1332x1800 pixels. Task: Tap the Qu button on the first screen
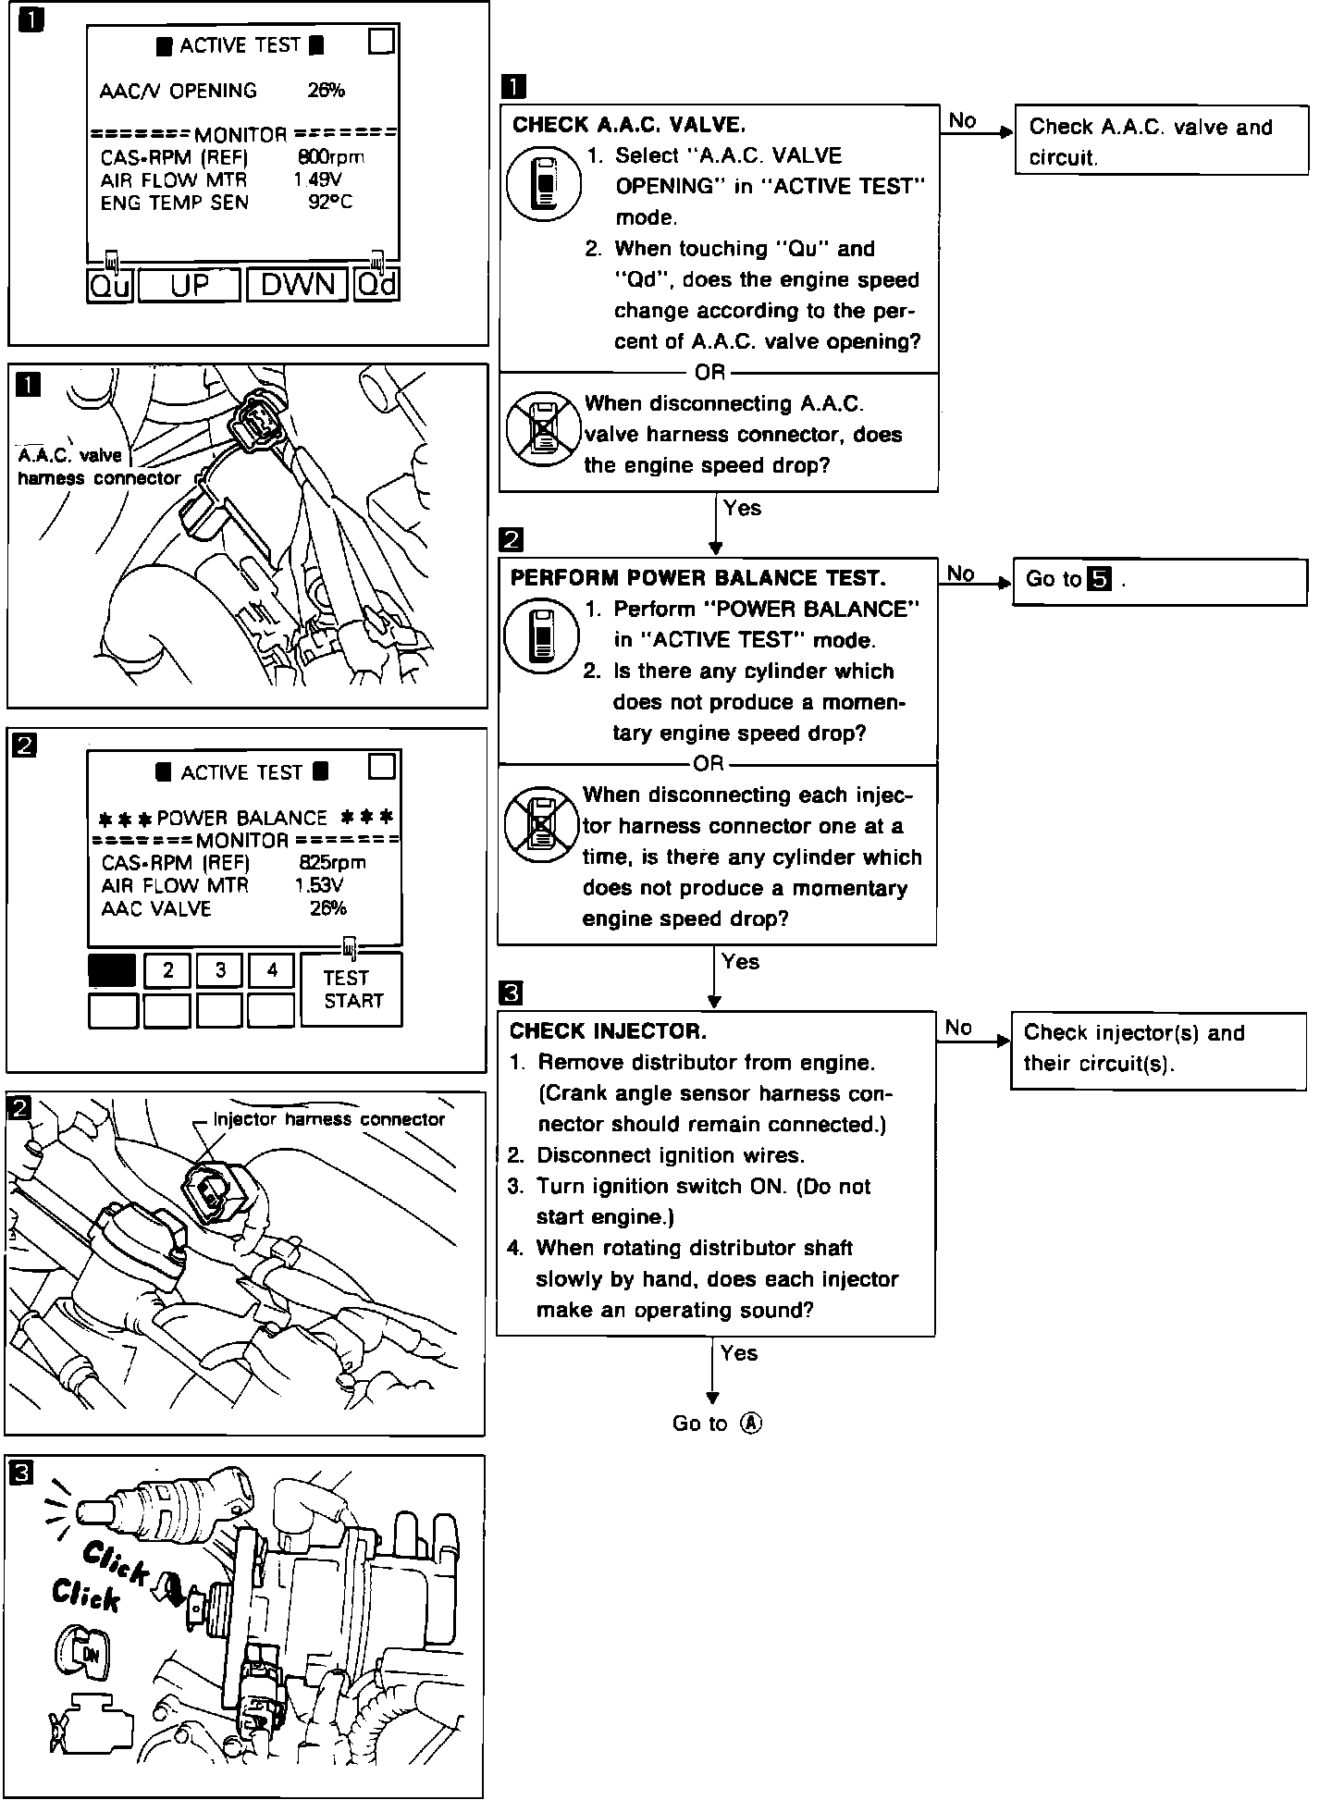110,285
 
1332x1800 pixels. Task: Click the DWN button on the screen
297,285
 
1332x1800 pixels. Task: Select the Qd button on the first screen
376,285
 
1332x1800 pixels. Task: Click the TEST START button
351,989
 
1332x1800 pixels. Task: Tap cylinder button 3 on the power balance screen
220,970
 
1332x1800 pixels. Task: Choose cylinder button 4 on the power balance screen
272,970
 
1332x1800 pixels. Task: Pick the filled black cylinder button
113,970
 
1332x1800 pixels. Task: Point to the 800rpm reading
331,157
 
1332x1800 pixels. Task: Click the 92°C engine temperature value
329,203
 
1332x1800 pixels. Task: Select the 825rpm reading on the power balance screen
332,862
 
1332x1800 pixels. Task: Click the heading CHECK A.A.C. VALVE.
629,124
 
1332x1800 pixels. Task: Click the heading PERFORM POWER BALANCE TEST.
697,578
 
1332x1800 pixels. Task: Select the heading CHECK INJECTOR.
608,1030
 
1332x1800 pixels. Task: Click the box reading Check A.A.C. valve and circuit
1161,142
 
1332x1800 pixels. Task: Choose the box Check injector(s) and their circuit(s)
1157,1049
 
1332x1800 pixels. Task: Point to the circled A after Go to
751,1424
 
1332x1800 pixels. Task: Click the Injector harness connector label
328,1119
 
